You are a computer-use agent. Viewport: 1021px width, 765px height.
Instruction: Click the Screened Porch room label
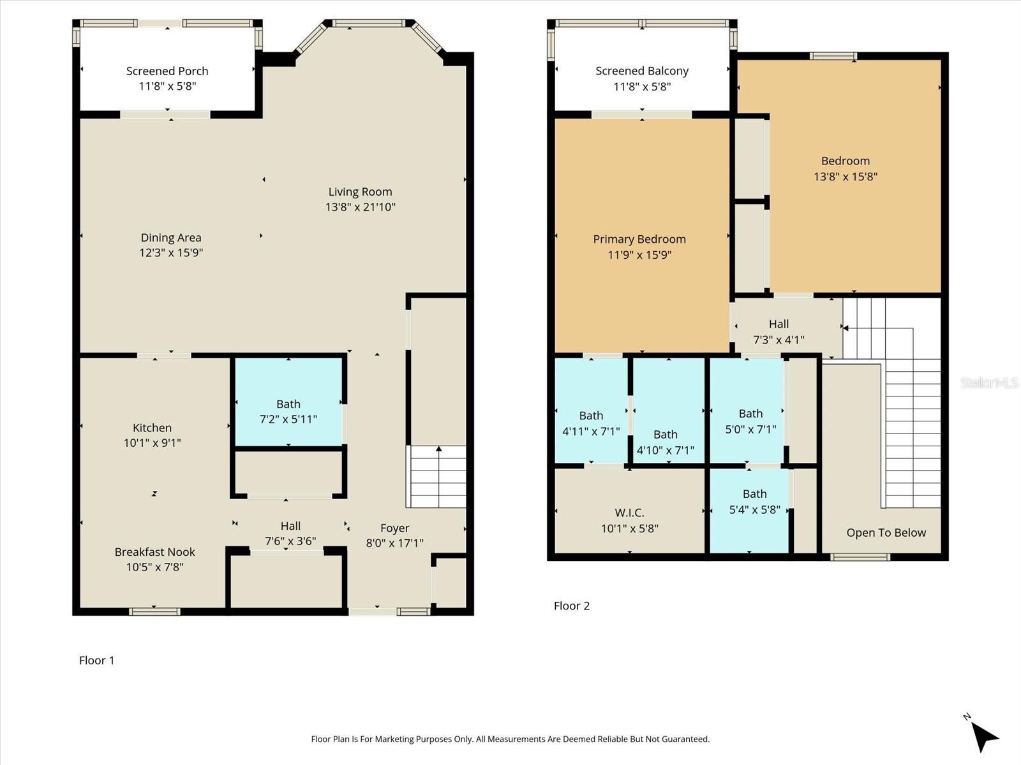point(167,71)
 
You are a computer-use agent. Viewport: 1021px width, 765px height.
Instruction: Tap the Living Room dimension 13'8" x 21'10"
point(360,207)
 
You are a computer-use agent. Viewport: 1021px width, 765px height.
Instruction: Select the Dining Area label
point(170,238)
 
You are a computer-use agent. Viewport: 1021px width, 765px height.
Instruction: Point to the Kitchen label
point(152,428)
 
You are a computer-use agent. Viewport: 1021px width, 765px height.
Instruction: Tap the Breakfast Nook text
point(154,552)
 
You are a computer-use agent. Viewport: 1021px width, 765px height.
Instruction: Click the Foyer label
point(394,528)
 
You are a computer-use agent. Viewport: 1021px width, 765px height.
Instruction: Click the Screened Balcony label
point(642,71)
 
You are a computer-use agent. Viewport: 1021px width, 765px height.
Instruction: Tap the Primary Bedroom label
point(639,239)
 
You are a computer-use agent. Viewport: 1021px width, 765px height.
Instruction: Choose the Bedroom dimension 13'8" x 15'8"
point(845,177)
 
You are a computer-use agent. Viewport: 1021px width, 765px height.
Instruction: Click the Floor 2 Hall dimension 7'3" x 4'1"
point(779,340)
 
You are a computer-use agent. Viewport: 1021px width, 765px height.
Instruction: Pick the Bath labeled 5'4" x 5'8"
point(754,501)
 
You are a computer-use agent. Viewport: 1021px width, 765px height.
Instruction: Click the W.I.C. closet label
point(629,513)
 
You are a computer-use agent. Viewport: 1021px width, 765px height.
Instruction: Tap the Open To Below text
point(886,533)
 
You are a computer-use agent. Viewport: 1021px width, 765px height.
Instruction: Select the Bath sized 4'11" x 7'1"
point(591,423)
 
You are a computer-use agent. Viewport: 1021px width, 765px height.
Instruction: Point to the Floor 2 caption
point(571,606)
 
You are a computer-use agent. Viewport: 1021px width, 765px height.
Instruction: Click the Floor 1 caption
point(96,660)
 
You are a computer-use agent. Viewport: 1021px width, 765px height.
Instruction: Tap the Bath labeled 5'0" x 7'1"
point(750,421)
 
